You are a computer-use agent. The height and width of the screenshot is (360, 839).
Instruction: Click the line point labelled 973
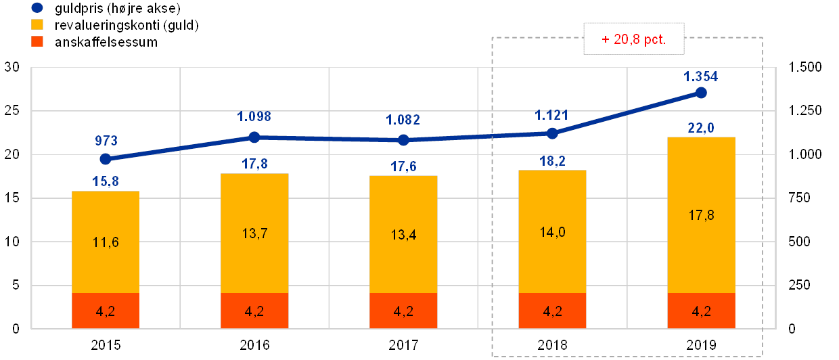pos(106,159)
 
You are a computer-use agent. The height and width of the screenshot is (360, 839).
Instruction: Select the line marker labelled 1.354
pos(701,93)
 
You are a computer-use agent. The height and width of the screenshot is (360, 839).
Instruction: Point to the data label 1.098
pos(254,116)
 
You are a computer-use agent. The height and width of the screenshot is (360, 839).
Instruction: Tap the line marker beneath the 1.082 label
pos(403,140)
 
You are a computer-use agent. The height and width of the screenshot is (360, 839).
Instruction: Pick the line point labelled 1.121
pos(552,133)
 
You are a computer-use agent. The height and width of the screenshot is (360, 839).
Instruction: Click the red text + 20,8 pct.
pos(634,39)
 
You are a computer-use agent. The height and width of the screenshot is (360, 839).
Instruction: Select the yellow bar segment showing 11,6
pos(106,242)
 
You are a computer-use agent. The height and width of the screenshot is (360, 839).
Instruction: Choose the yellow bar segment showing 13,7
pos(254,233)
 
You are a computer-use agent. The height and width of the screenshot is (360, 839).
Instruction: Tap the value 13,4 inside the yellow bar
pos(403,235)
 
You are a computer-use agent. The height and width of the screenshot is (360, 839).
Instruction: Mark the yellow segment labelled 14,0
pos(552,232)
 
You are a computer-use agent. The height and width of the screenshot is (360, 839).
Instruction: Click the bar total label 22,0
pos(701,127)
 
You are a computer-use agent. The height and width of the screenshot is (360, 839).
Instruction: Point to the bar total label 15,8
pos(106,181)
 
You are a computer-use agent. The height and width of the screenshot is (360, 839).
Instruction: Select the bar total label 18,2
pos(552,160)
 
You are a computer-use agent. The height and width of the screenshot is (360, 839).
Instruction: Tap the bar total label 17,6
pos(403,166)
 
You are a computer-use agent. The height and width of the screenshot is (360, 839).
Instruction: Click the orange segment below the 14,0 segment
pos(552,311)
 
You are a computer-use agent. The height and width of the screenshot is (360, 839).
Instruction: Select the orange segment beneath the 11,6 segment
pos(106,311)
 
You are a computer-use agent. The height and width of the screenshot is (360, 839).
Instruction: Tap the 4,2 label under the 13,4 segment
pos(403,312)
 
